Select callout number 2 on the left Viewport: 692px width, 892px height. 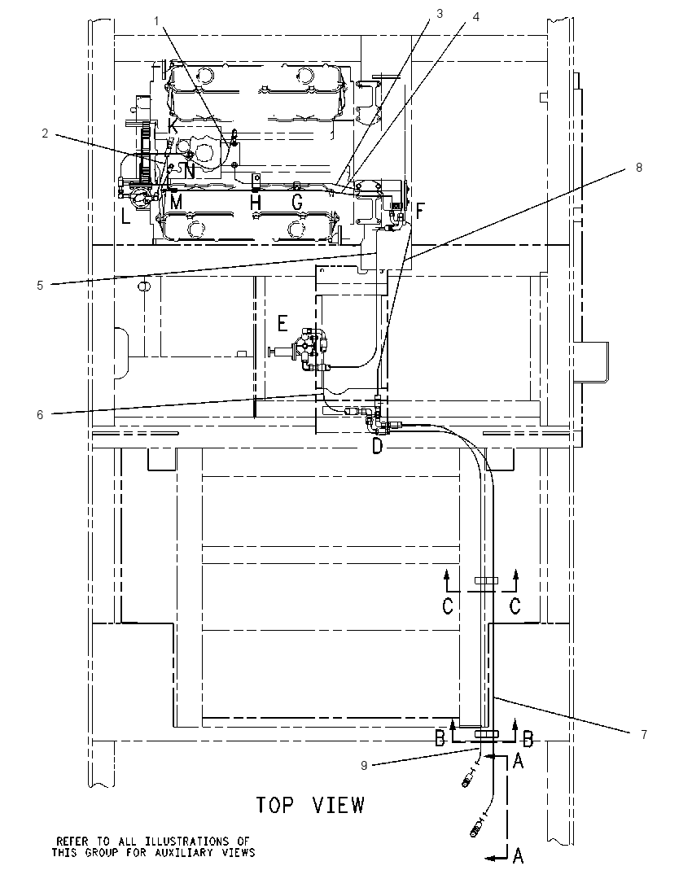[x=45, y=133]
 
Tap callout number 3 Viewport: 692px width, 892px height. [x=439, y=14]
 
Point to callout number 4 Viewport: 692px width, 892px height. [x=475, y=17]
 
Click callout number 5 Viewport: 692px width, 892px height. [x=40, y=286]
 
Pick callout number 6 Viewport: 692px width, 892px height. [x=40, y=415]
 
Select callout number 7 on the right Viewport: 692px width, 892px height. [x=644, y=735]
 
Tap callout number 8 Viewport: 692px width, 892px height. [x=639, y=168]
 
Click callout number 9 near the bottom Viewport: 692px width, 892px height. [x=364, y=766]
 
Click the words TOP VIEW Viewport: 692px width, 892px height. [x=310, y=805]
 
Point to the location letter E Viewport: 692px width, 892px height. [x=282, y=324]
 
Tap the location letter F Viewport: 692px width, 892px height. [x=420, y=212]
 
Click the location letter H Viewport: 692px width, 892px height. [x=256, y=201]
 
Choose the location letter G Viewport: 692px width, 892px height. [x=297, y=201]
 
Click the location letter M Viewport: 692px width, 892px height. [x=177, y=201]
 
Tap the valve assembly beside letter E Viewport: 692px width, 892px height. [x=301, y=350]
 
